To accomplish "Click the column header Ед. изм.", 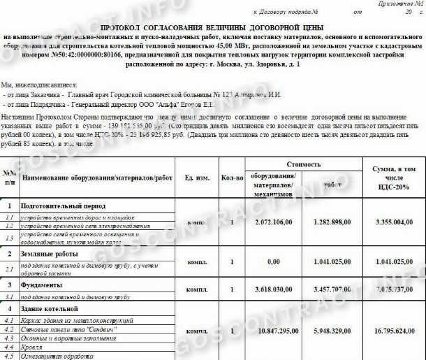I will click(198, 178).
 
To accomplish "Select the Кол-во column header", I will click(232, 178).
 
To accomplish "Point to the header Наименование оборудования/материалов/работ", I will click(97, 178).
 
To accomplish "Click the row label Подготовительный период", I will click(63, 207).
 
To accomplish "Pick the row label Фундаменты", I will click(43, 285).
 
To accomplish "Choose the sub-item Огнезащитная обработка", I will click(53, 357).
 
